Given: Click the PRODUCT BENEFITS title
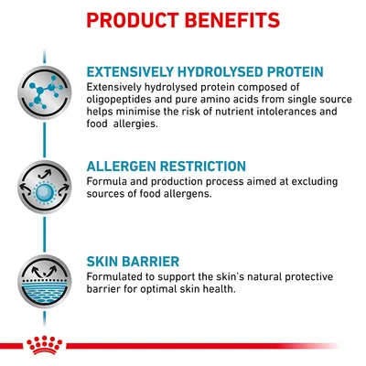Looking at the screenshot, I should pos(183,19).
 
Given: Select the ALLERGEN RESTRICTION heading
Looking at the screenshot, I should pos(166,167).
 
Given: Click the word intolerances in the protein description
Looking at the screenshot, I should pos(266,111).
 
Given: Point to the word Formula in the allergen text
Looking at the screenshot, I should pos(109,181).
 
